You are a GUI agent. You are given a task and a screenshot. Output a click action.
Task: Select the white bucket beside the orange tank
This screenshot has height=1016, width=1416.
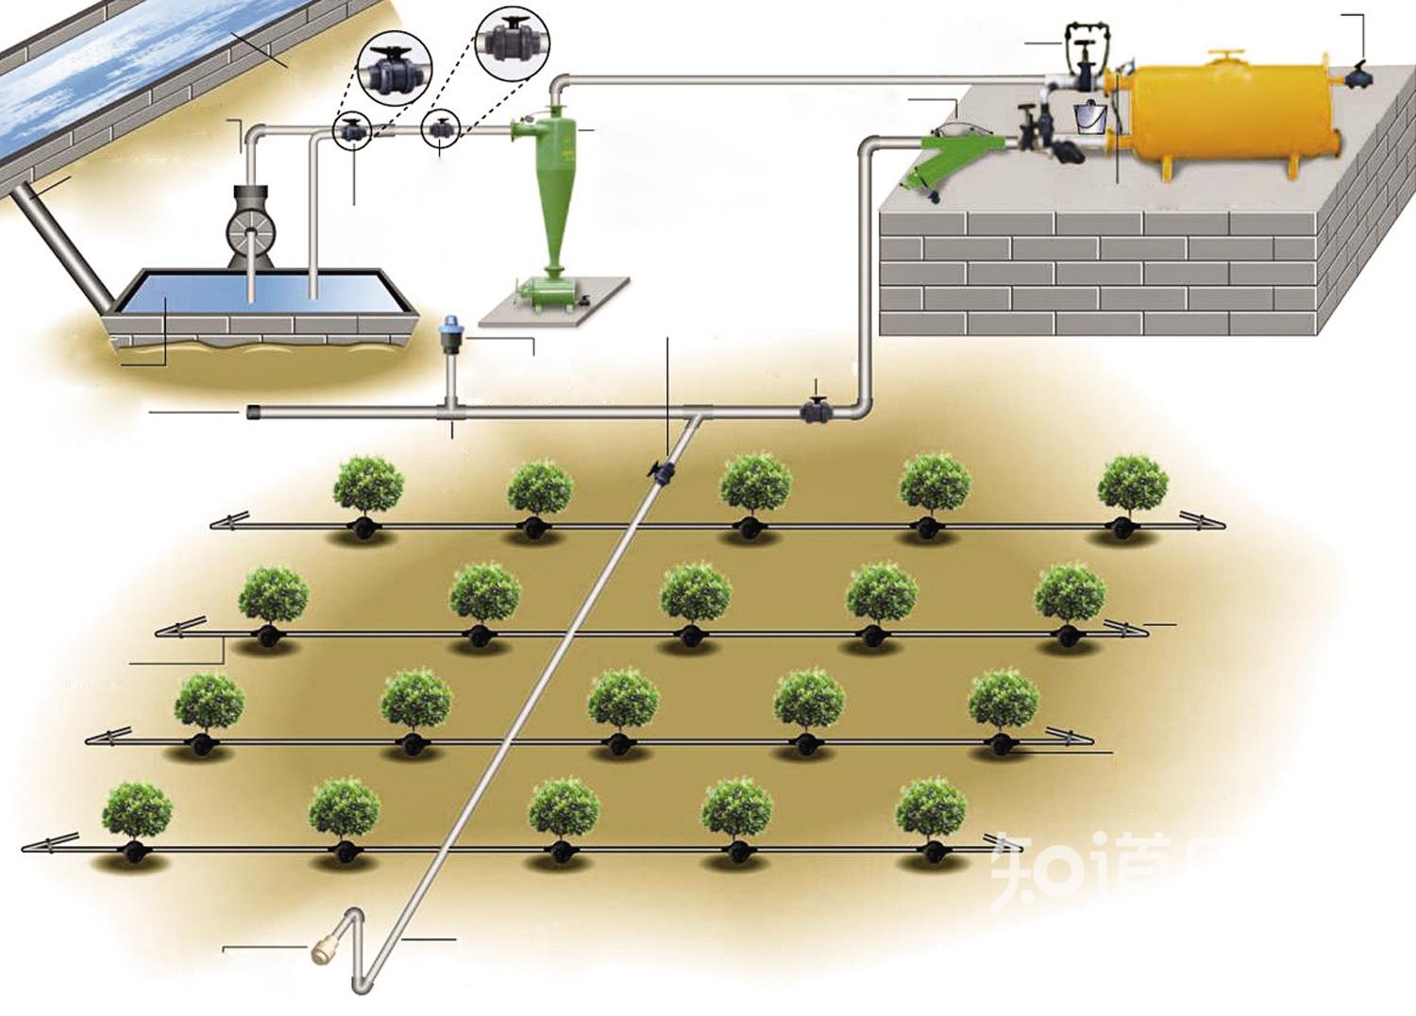pos(1090,116)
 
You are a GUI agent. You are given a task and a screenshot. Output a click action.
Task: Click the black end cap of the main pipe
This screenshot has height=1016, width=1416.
pos(253,413)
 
